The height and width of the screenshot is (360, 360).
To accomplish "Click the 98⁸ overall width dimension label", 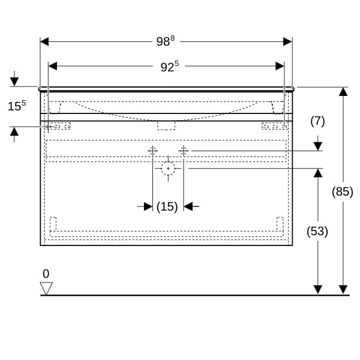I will [165, 41].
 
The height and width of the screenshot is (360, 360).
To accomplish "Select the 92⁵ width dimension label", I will [169, 67].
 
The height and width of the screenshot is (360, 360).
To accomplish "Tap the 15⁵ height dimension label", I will [16, 106].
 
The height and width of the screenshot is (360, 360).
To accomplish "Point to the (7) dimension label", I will [317, 121].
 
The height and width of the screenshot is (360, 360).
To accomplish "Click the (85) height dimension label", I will [343, 192].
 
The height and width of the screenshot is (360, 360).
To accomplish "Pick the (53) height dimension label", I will [317, 231].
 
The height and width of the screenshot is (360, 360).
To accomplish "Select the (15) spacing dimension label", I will [167, 206].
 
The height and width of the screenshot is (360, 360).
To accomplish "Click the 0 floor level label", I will [46, 274].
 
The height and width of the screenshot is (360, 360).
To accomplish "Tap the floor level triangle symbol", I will [46, 288].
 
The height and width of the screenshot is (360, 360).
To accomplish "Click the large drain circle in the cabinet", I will [168, 169].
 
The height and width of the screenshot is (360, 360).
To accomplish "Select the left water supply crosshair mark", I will [152, 151].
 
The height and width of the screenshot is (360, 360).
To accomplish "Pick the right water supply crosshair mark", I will [184, 151].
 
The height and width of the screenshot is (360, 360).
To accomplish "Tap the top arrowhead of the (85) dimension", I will [343, 92].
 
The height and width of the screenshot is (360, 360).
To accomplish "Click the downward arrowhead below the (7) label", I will [318, 146].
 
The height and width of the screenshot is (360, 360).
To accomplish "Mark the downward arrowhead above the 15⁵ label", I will [14, 82].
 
